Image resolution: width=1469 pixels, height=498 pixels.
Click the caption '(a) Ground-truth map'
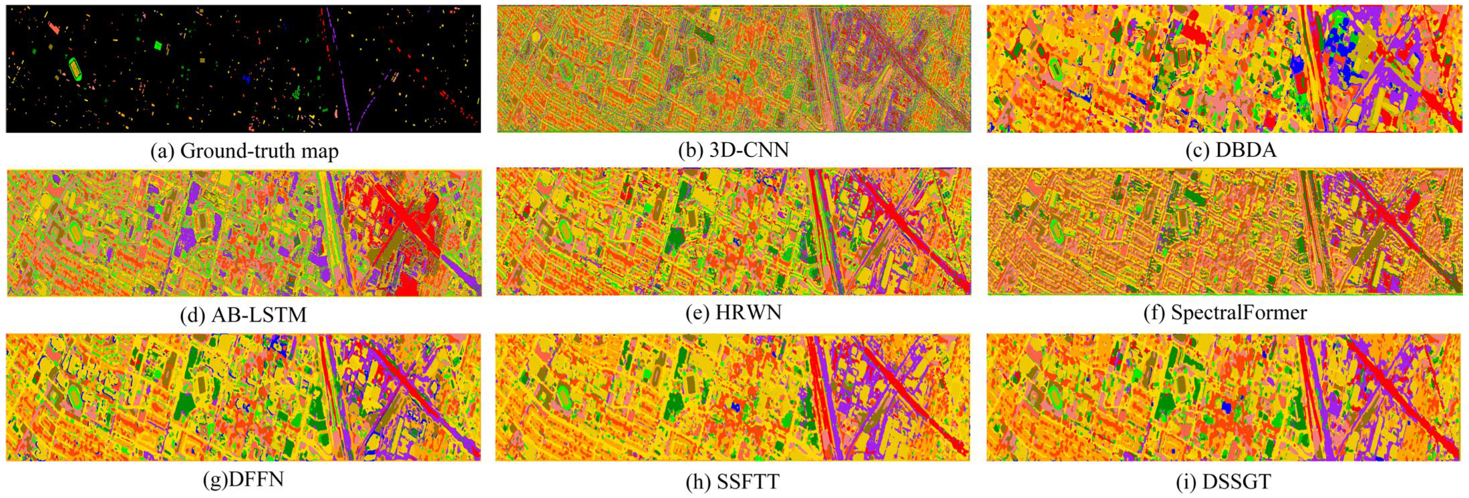point(244,151)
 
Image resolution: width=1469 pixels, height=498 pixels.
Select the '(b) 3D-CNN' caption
point(733,150)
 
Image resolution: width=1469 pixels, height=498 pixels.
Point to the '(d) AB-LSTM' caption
point(243,314)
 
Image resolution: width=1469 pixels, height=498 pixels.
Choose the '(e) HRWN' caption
point(733,312)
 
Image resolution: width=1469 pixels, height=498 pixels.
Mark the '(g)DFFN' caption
point(243,479)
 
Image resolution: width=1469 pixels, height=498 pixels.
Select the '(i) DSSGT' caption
point(1223,481)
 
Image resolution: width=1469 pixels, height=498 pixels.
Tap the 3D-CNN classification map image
point(733,69)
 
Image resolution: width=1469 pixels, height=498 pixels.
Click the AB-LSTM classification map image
point(244,232)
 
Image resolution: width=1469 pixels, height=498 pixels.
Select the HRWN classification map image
point(733,232)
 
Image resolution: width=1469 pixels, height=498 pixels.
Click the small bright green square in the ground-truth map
point(158,45)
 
